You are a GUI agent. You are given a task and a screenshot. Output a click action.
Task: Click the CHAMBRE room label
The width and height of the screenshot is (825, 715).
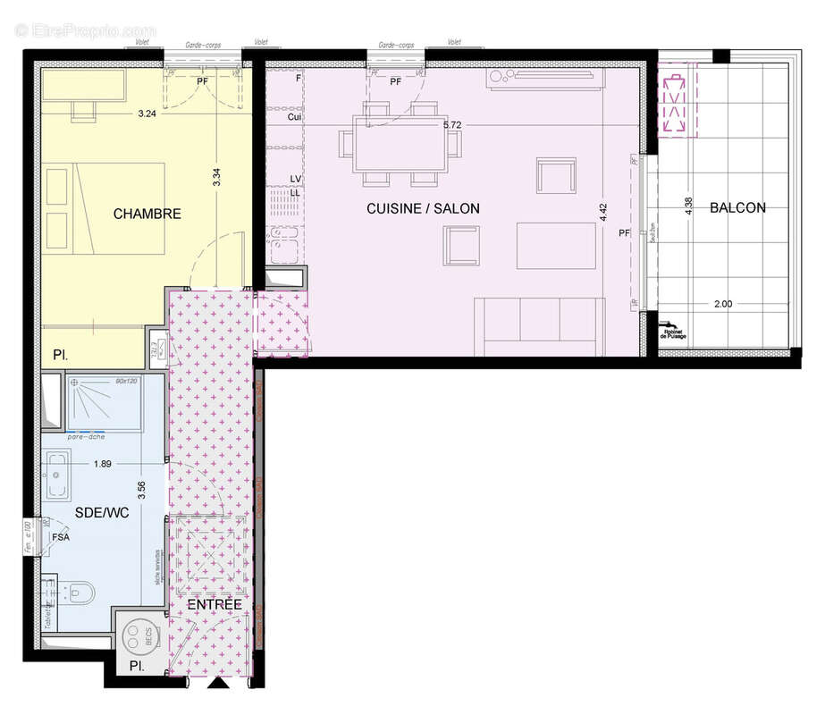[x=147, y=214]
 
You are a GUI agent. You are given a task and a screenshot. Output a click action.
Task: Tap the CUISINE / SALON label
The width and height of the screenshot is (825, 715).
[x=423, y=208]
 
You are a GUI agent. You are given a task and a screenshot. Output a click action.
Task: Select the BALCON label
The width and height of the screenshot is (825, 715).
[x=737, y=207]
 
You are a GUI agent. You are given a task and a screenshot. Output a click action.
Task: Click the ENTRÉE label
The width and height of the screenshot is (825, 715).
[x=215, y=605]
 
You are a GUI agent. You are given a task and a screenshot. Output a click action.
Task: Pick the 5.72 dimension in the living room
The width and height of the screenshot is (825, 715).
[x=452, y=124]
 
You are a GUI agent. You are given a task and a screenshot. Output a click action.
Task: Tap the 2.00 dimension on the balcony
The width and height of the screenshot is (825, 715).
[x=723, y=304]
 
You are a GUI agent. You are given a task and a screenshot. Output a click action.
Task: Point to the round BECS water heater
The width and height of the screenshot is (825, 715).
[x=139, y=636]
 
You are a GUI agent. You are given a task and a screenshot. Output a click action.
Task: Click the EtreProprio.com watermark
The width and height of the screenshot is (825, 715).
[x=86, y=29]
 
